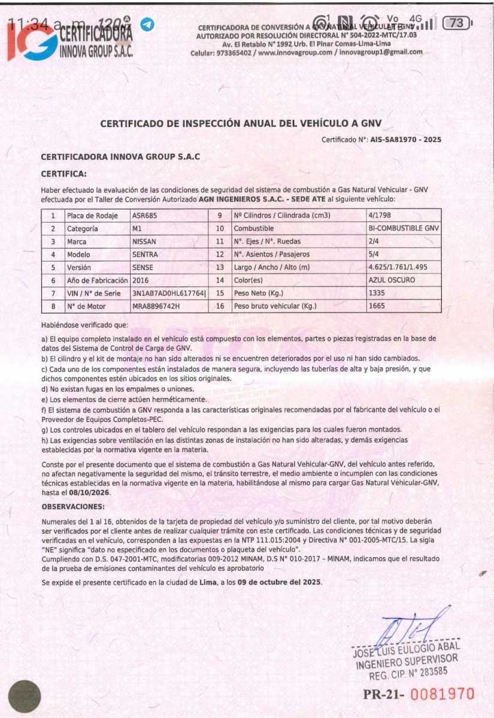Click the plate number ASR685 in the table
click(x=145, y=215)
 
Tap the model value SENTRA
click(x=146, y=254)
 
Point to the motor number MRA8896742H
click(x=156, y=306)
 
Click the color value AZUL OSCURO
click(x=392, y=280)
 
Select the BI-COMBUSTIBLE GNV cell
click(x=404, y=229)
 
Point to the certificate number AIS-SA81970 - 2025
click(x=402, y=139)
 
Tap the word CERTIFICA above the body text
click(x=63, y=174)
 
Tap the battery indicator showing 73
click(x=456, y=23)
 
